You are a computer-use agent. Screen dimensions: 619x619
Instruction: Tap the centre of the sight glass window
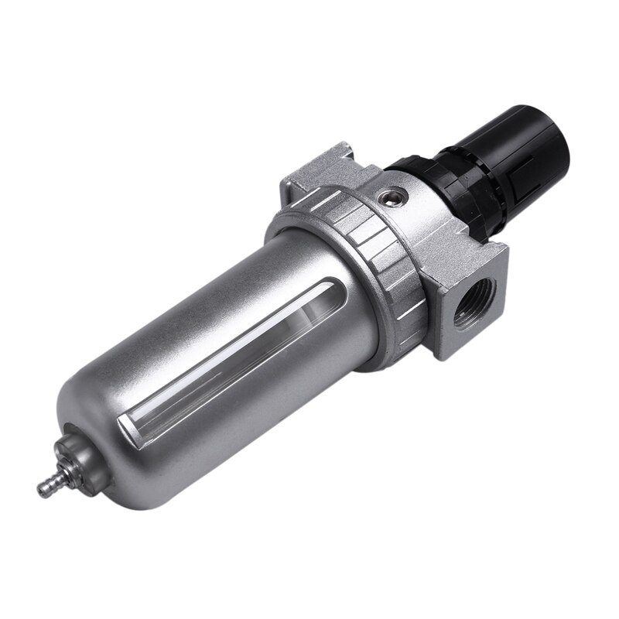click(217, 348)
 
